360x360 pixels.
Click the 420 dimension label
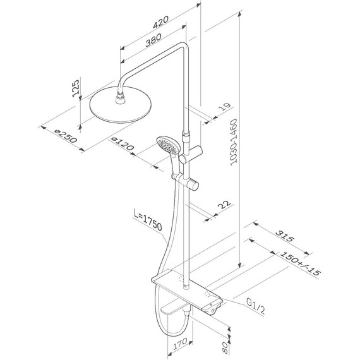[160, 22]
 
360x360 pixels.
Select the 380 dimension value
[153, 40]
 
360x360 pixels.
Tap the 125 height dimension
[76, 88]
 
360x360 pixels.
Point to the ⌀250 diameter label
[66, 136]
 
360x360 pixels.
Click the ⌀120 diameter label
[122, 144]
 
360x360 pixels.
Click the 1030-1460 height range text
[233, 142]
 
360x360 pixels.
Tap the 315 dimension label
[285, 236]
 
